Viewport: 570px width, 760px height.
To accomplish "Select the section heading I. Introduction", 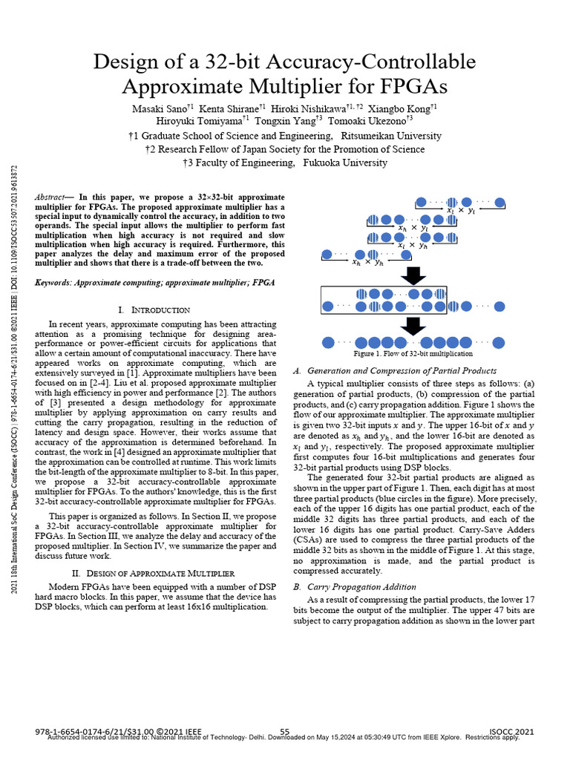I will [x=154, y=309].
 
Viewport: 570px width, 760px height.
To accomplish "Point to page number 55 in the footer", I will [x=284, y=731].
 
